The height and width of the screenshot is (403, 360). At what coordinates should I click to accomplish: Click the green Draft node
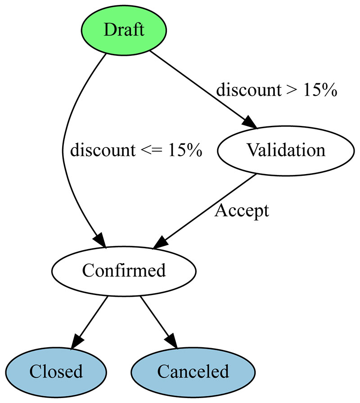point(124,30)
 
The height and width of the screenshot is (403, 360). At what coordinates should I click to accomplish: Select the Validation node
point(286,151)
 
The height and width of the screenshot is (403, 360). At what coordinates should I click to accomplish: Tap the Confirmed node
point(124,271)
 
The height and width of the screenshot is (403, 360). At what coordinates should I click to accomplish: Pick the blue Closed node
point(56,372)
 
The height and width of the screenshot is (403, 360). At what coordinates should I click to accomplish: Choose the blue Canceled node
point(193,372)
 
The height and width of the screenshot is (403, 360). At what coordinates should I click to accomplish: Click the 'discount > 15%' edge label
point(276,90)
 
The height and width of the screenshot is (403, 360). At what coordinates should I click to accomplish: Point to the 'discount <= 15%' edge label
point(136,150)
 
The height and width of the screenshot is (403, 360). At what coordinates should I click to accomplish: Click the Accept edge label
point(242,211)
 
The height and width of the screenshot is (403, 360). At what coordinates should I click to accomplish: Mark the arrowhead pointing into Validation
point(249,122)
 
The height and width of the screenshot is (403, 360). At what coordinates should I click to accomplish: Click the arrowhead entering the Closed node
point(78,341)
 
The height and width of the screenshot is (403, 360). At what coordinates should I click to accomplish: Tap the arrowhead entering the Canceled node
point(171,341)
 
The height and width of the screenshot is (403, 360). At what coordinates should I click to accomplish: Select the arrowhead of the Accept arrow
point(161,242)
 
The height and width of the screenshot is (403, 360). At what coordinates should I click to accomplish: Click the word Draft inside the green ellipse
point(124,30)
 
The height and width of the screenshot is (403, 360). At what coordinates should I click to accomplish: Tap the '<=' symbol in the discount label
point(152,150)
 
